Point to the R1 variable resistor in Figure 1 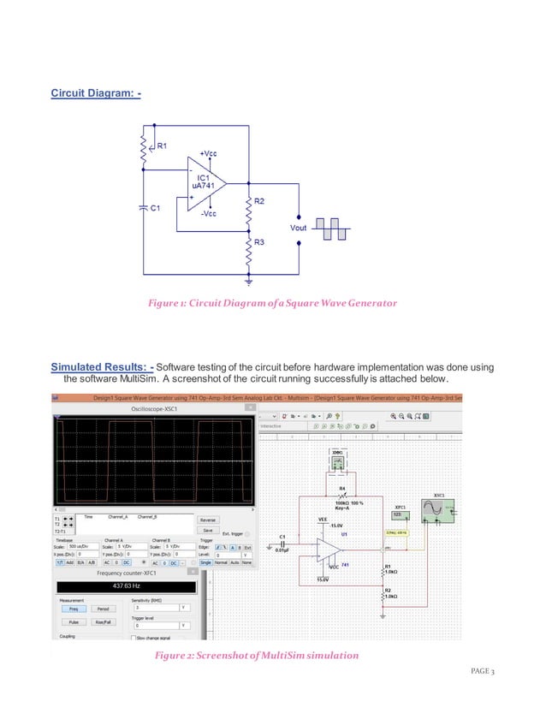click(x=143, y=151)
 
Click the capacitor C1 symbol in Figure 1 click(x=143, y=208)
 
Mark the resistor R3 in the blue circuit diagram click(x=248, y=252)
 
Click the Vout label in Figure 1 click(x=298, y=229)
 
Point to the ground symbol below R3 click(x=248, y=280)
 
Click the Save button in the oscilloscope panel click(x=207, y=531)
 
